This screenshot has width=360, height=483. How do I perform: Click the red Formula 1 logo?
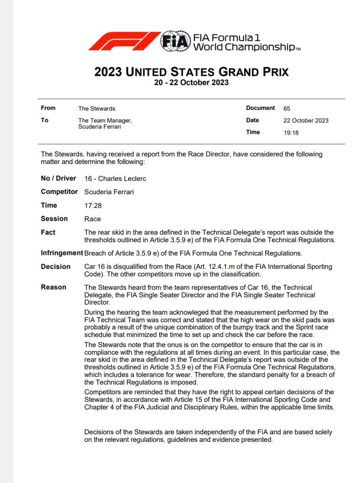click(x=124, y=41)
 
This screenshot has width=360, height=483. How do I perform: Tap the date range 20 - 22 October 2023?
click(x=191, y=83)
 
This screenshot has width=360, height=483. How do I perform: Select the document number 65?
click(x=287, y=108)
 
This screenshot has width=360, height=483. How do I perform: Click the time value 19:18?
click(x=291, y=133)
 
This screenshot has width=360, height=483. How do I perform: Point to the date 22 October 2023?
click(x=306, y=120)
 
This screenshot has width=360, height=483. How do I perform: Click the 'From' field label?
click(x=48, y=108)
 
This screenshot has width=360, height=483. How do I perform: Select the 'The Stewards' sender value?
click(x=97, y=108)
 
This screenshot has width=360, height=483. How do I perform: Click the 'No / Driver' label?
click(x=58, y=179)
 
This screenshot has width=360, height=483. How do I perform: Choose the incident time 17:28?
click(x=93, y=206)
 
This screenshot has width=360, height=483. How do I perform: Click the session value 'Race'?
click(x=92, y=219)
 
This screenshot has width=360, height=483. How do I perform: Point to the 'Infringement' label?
click(x=62, y=253)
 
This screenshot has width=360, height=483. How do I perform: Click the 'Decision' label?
click(x=56, y=266)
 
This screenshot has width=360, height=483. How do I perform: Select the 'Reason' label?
click(x=53, y=287)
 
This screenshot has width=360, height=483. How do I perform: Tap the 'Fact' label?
click(x=48, y=233)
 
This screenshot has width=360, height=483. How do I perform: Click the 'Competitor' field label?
click(x=59, y=192)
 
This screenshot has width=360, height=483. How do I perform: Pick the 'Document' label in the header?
click(x=260, y=108)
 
